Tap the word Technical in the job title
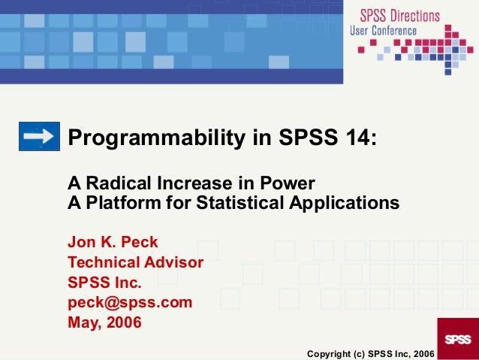tap(104, 263)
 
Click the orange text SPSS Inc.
tap(104, 283)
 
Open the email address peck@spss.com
tap(130, 303)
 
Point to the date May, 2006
tap(104, 323)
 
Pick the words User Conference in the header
tap(393, 31)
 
